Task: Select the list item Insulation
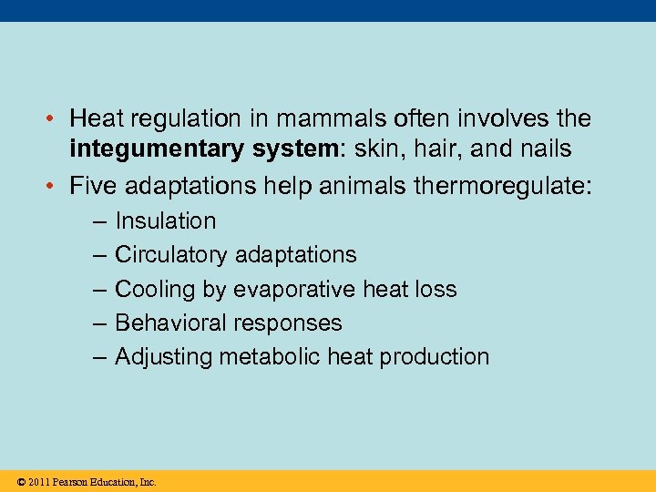point(166,221)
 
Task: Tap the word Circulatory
point(171,255)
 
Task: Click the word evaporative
point(292,290)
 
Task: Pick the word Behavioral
point(170,323)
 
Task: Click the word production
point(434,357)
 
